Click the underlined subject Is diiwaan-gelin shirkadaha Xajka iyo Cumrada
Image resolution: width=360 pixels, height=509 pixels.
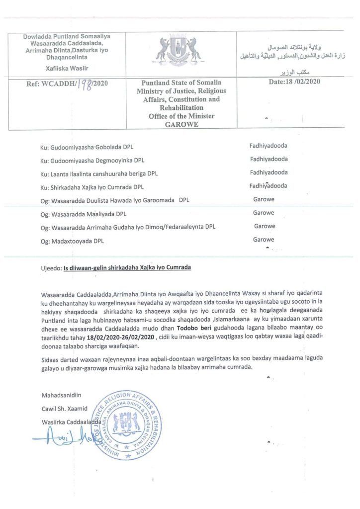pyautogui.click(x=127, y=267)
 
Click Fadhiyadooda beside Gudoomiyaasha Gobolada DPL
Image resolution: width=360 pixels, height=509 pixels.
pyautogui.click(x=268, y=147)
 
